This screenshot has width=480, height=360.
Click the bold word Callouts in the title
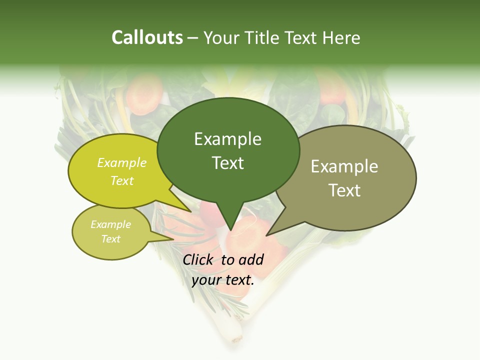(x=147, y=37)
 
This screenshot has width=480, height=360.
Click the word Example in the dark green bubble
(x=227, y=139)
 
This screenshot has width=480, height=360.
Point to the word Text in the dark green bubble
(x=227, y=163)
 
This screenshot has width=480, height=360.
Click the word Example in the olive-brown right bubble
(x=344, y=166)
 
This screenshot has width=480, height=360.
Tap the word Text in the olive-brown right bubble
(x=344, y=190)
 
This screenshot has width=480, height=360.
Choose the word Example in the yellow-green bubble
(x=121, y=162)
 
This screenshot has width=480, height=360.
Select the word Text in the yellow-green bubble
(x=121, y=180)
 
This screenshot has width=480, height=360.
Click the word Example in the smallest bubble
(x=110, y=224)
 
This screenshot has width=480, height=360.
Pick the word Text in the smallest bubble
(x=110, y=239)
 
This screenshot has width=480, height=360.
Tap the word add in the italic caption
(x=250, y=259)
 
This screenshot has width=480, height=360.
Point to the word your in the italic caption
(x=205, y=280)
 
